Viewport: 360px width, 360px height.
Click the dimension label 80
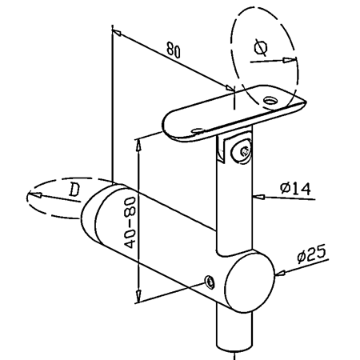174,50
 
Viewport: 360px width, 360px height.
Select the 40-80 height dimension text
130,222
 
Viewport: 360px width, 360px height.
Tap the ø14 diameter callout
295,189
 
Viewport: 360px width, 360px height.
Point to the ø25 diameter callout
311,254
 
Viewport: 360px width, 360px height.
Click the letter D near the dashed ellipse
74,190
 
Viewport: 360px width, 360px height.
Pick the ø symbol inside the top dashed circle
261,47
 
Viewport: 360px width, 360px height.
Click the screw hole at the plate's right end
271,101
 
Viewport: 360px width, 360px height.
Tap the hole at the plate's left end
198,130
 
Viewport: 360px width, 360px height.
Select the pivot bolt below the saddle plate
242,151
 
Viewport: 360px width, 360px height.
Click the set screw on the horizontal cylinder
210,282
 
